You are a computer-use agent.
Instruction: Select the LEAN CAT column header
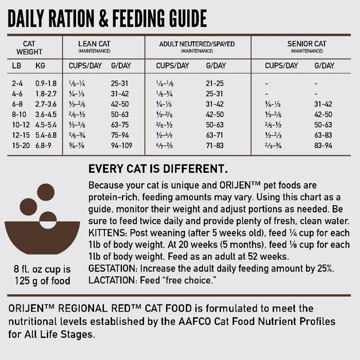point(94,44)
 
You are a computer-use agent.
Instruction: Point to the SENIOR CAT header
point(307,44)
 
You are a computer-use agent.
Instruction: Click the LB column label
point(16,66)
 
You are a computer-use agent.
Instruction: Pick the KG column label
point(40,66)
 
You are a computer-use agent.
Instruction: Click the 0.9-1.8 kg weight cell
point(46,83)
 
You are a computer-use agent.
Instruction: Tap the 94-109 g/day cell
point(121,146)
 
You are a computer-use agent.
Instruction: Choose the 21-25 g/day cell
point(214,83)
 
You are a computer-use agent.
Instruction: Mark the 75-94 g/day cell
point(120,135)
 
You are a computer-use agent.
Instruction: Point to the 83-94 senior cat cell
point(323,146)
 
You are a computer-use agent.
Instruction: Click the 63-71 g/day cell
point(214,135)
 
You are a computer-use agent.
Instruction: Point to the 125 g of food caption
point(42,281)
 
